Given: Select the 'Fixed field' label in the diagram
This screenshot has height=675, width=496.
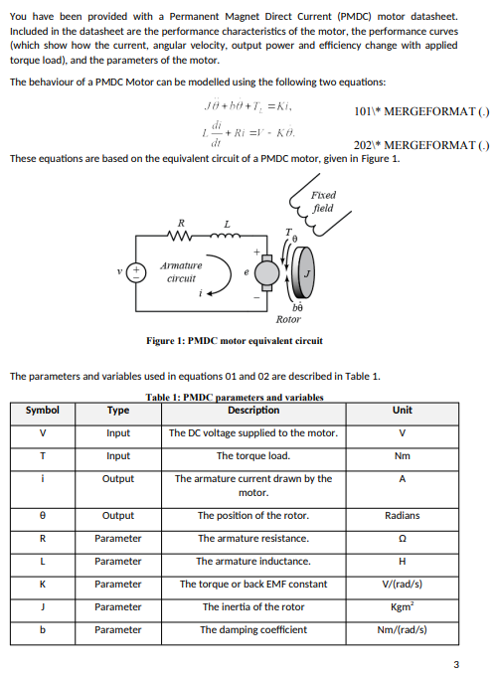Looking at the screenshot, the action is [x=323, y=202].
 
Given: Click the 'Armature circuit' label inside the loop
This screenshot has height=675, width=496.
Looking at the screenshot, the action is [x=181, y=272].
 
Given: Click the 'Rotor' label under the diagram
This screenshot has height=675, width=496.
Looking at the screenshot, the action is [x=288, y=319].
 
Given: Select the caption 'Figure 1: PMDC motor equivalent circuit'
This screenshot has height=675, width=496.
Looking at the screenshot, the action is [x=235, y=341].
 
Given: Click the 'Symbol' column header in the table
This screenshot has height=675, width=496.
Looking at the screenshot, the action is [x=42, y=410].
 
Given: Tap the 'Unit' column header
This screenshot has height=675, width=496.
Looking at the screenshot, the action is [x=402, y=410].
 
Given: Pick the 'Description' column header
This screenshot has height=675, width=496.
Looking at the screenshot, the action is [x=253, y=410].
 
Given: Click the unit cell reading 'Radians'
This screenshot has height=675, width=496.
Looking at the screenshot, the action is [x=402, y=516].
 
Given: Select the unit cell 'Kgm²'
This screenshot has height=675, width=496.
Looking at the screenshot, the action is [x=402, y=606].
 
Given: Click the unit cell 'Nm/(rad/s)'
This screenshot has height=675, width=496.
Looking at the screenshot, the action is [x=402, y=629].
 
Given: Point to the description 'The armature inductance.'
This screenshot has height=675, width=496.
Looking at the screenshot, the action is [x=253, y=562].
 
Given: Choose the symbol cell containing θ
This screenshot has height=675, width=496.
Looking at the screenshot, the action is [x=42, y=516].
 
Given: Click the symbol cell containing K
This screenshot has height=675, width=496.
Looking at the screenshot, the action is [x=42, y=585].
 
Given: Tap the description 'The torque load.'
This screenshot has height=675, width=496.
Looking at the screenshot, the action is [x=253, y=456].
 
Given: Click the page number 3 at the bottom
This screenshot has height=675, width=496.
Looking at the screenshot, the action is [x=456, y=664].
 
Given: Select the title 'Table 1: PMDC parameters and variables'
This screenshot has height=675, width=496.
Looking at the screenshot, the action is [x=235, y=398].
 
